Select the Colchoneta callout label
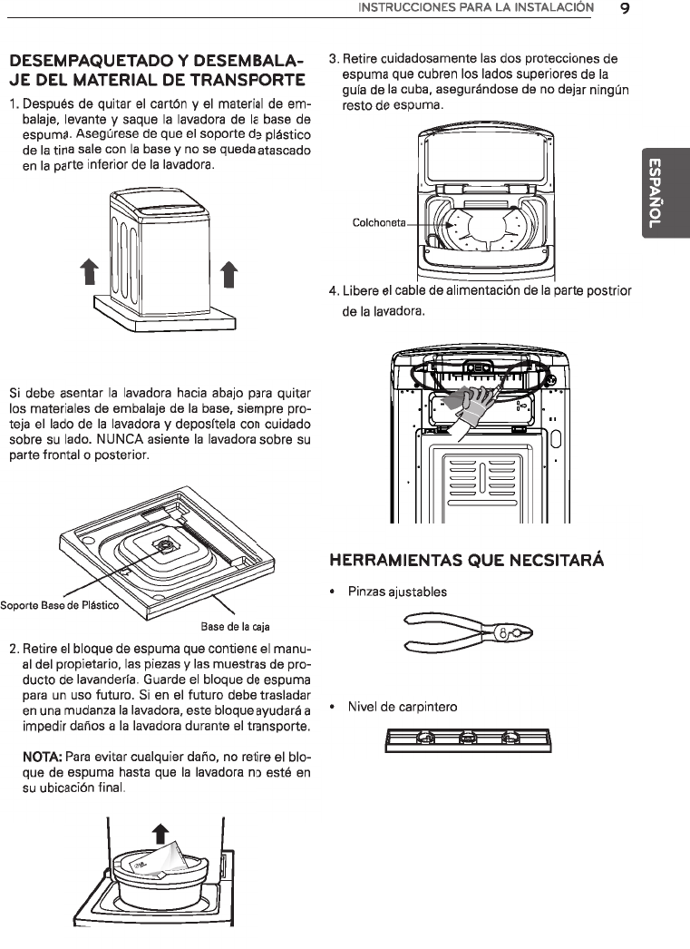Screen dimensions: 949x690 click(379, 222)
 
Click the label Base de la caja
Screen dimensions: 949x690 click(236, 627)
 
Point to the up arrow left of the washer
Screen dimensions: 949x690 click(88, 270)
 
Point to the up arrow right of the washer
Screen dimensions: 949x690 click(229, 270)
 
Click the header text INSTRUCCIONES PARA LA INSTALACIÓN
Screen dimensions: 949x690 click(476, 9)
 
